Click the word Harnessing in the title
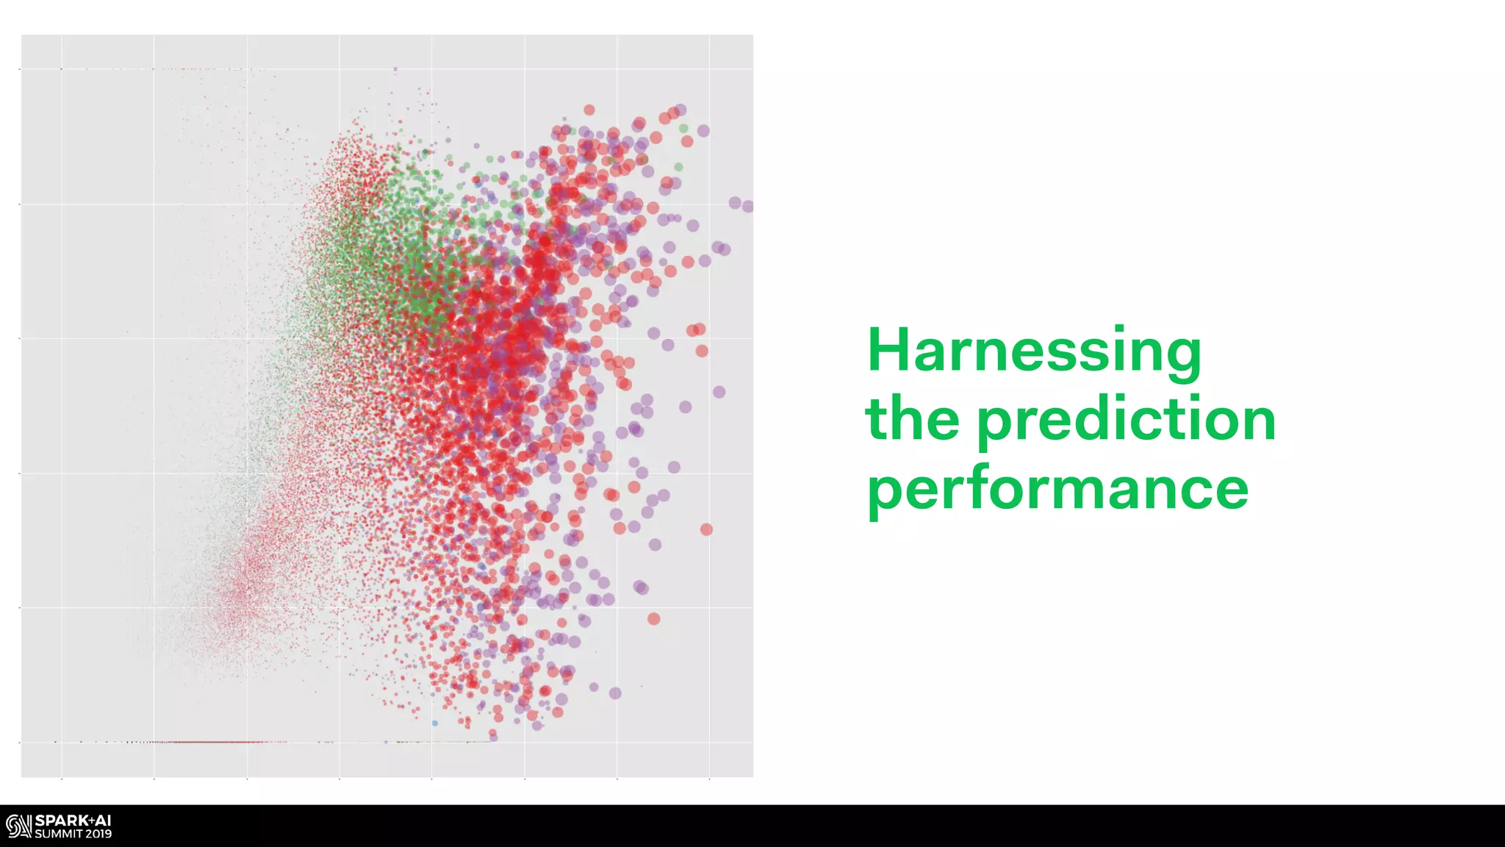coord(1034,351)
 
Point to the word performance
coord(1057,489)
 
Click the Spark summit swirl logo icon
coord(18,826)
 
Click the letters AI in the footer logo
coord(103,821)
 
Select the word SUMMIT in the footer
coord(58,834)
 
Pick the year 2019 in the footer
coord(98,834)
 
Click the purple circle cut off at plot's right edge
coord(747,207)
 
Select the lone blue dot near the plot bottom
coord(435,723)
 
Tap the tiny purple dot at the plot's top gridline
coord(395,69)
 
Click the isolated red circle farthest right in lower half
coord(706,529)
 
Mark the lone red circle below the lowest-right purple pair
coord(653,619)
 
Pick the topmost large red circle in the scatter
coord(589,110)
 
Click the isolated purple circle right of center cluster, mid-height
coord(719,392)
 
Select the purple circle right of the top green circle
coord(703,131)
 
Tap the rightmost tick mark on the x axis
coord(709,779)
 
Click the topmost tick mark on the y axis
coord(20,69)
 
